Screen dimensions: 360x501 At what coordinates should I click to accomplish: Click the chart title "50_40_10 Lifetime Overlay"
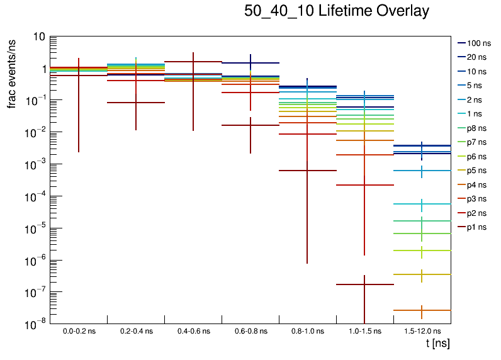click(x=337, y=11)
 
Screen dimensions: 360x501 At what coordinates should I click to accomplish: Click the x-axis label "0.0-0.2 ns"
click(x=79, y=331)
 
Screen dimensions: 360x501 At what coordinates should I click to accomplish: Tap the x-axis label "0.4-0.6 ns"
click(x=193, y=331)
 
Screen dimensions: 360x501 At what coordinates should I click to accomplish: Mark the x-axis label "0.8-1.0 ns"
click(x=308, y=331)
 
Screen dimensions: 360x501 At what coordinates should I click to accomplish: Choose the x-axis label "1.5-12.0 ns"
click(x=422, y=331)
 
